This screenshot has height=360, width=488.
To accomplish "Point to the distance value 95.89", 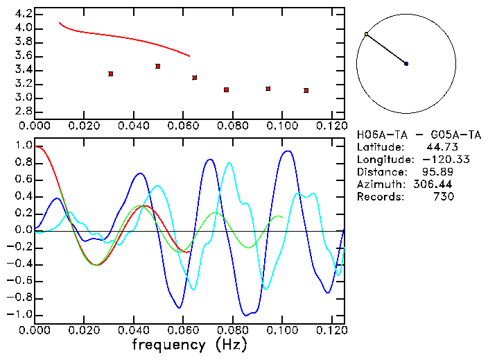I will pos(437,171).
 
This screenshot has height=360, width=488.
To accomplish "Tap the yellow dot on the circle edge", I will pos(366,34).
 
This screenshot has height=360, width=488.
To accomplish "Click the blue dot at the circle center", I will pos(406,64).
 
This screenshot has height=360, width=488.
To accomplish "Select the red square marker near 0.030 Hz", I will pos(110,74).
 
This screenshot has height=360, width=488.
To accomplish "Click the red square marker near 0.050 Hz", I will pos(158,66).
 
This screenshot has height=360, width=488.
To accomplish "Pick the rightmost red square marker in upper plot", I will pos(306,90).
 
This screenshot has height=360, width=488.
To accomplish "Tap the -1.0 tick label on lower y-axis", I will pos(20,314).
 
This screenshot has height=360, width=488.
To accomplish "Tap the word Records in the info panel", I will pos(379,196).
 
